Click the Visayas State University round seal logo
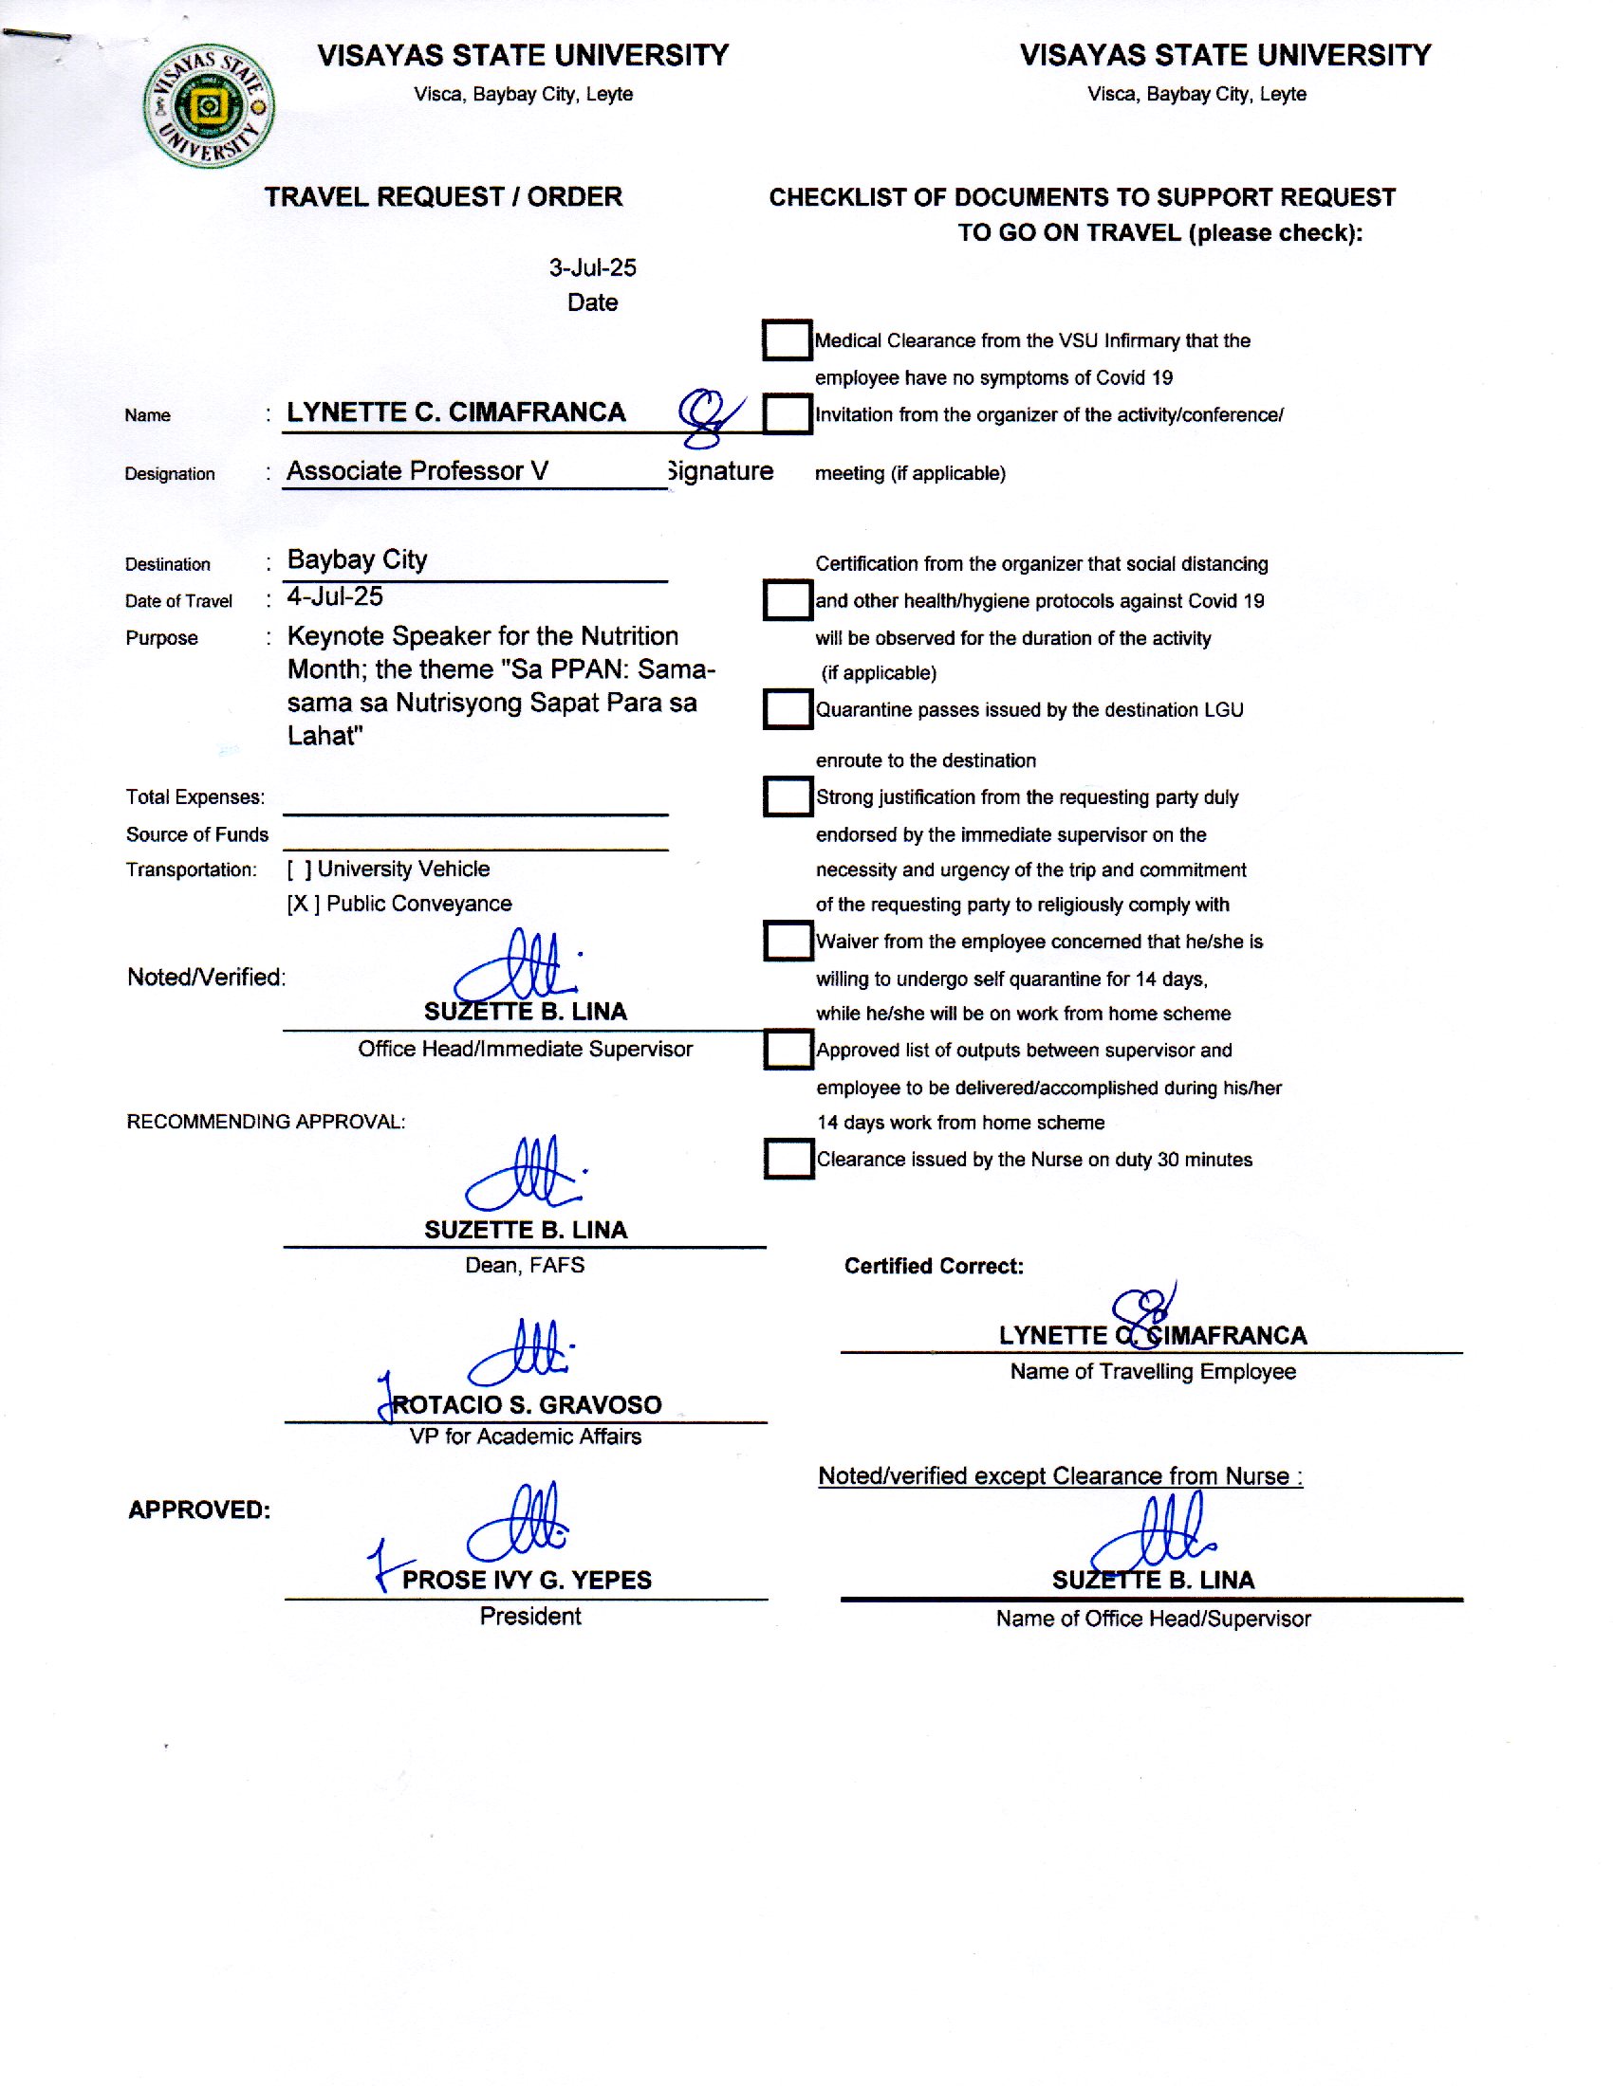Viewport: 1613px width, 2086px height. click(x=209, y=106)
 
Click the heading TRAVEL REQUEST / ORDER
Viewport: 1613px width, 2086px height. click(x=443, y=197)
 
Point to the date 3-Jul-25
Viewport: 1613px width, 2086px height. click(x=592, y=268)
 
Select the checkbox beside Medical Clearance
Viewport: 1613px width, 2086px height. click(x=788, y=340)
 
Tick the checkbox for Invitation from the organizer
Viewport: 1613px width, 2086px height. click(x=788, y=414)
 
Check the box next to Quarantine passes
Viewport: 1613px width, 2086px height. click(x=788, y=709)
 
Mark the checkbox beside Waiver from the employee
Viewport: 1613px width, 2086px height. click(x=788, y=941)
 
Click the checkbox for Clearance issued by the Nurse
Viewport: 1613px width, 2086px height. click(x=789, y=1160)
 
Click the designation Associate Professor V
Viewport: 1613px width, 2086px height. click(x=417, y=471)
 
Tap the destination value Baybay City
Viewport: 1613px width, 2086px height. click(x=358, y=559)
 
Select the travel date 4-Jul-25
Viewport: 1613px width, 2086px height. click(x=335, y=597)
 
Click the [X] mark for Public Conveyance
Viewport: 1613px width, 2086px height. click(x=303, y=905)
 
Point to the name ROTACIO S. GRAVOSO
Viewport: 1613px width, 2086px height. click(x=527, y=1405)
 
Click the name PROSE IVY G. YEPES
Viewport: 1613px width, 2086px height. click(x=527, y=1581)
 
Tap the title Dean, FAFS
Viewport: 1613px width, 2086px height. click(x=525, y=1266)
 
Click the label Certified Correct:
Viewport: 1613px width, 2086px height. click(x=934, y=1267)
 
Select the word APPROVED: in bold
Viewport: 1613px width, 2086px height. click(x=199, y=1510)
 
